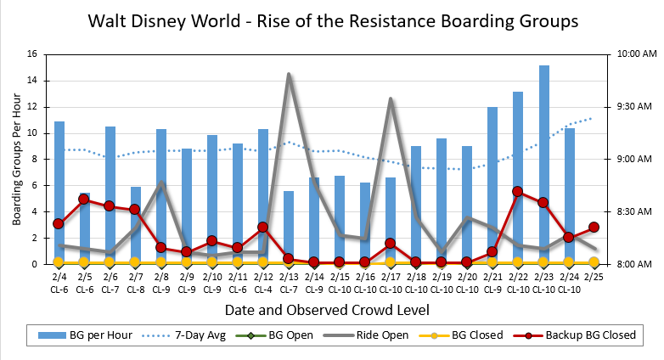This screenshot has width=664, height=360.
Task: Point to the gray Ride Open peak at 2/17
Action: (x=391, y=99)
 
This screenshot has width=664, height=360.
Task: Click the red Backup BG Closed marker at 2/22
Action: (x=518, y=191)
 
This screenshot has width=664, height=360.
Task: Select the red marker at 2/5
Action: (x=85, y=199)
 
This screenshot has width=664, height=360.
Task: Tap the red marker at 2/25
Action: (x=594, y=227)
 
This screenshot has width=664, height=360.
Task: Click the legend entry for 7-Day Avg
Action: (x=194, y=335)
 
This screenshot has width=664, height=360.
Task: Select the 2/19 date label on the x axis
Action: (x=442, y=276)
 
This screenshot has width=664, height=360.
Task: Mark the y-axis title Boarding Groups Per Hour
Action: (x=16, y=159)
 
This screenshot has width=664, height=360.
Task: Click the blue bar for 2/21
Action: (x=492, y=185)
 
